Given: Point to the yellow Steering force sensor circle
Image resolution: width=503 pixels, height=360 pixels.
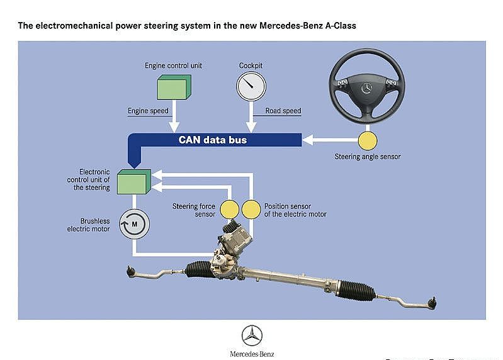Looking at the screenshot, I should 229,209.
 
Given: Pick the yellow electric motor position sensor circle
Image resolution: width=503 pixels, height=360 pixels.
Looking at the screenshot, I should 251,209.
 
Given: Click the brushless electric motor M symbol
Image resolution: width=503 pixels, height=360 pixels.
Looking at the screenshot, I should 134,222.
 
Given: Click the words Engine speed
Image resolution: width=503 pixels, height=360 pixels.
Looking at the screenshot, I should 148,111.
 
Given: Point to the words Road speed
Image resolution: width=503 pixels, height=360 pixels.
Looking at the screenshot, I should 283,111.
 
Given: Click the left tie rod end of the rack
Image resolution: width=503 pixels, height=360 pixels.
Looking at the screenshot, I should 132,272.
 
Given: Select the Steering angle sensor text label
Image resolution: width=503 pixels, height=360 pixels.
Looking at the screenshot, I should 367,157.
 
